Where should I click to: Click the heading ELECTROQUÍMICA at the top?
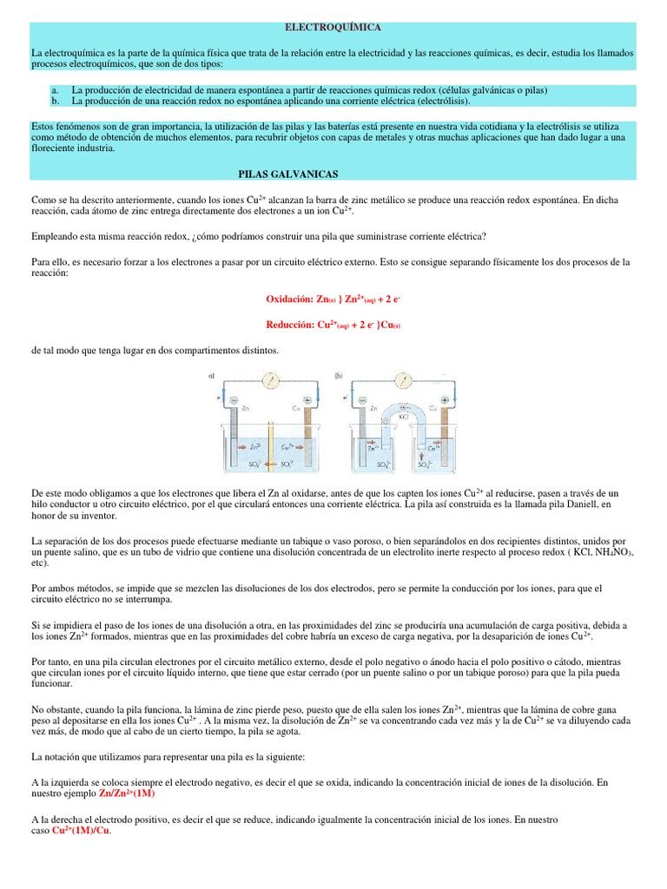coord(333,29)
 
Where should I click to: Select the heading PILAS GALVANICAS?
coord(287,174)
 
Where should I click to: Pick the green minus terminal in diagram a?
coord(235,400)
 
